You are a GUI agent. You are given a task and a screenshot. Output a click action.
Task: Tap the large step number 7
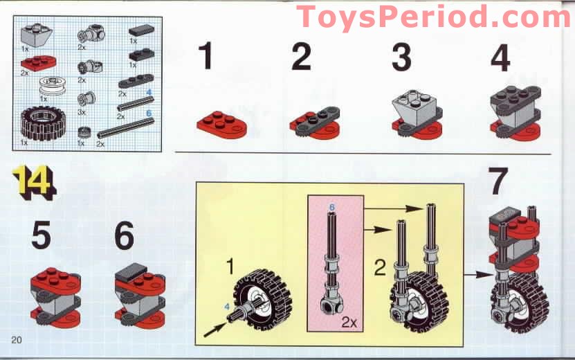[499, 181]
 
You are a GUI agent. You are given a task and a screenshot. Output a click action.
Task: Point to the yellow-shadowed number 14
[33, 183]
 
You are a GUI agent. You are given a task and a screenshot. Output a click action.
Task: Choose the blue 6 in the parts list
[148, 112]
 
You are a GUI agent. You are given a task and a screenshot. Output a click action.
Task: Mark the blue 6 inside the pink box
[331, 207]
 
